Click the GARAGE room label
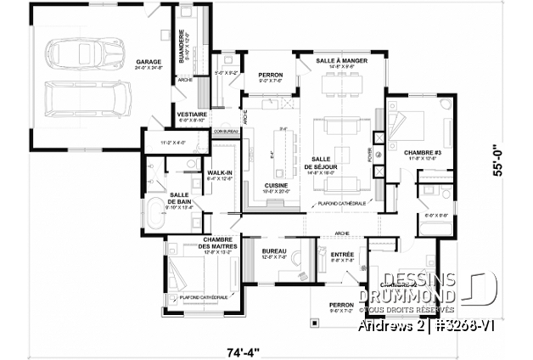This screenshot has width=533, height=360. point(149,62)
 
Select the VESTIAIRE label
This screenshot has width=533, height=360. point(188,114)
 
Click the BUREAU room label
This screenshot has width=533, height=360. point(274,252)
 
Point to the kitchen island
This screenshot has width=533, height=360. point(281,145)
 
